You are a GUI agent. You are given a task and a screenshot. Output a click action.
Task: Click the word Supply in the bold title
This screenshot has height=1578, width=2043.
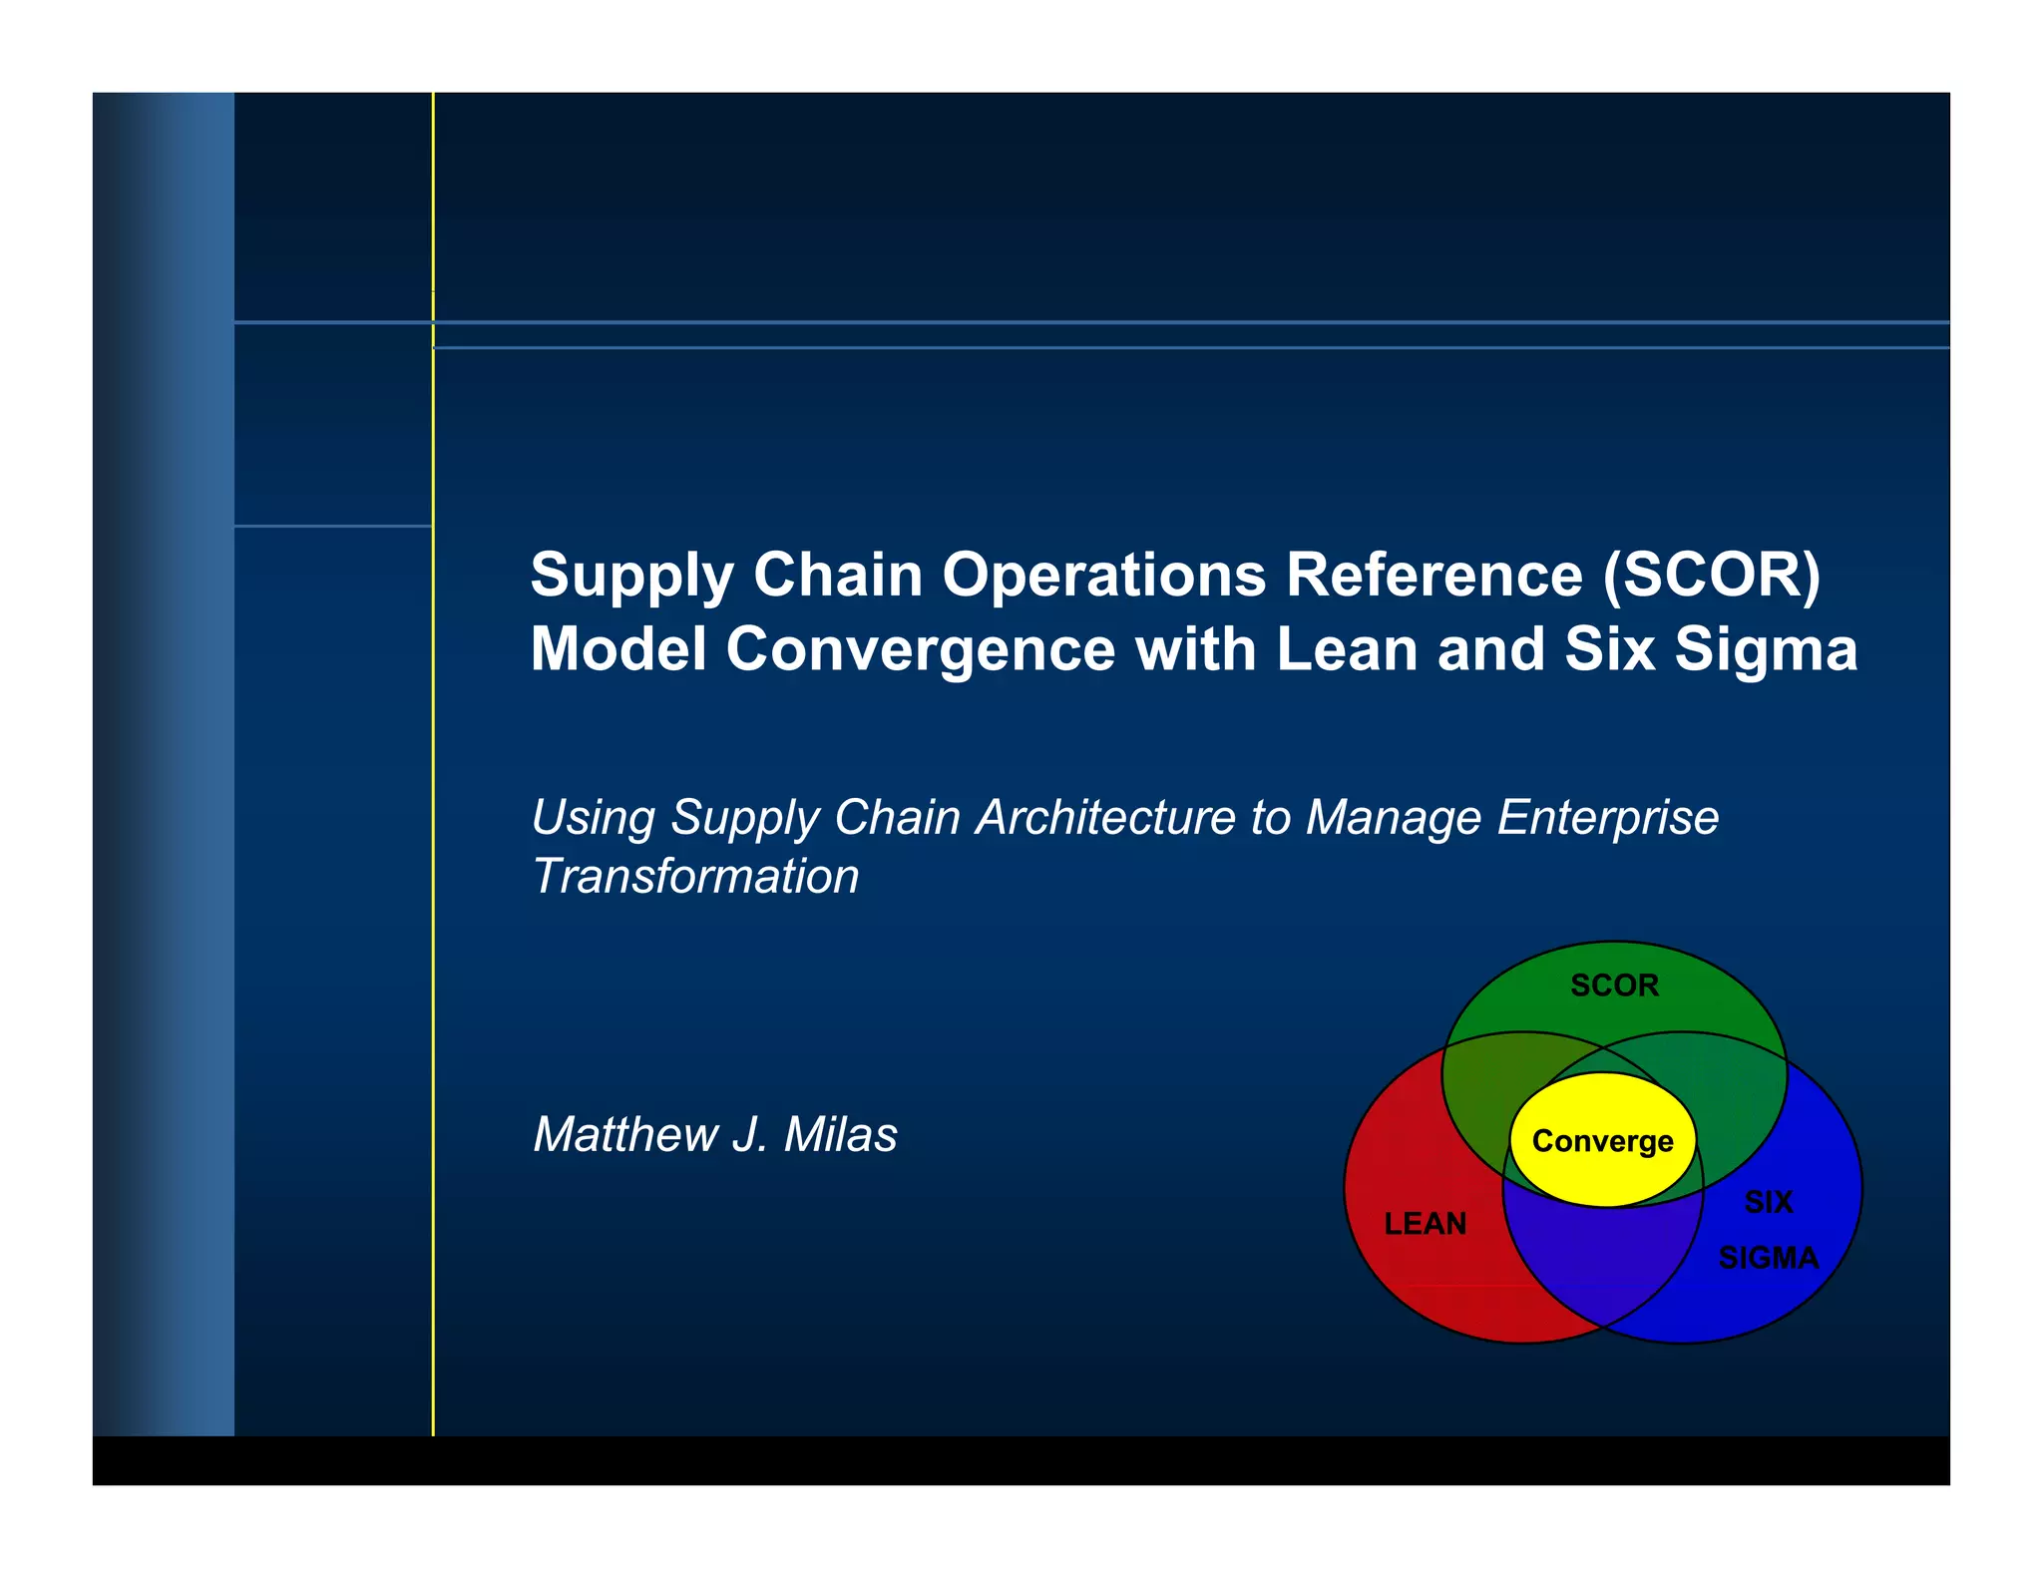(630, 578)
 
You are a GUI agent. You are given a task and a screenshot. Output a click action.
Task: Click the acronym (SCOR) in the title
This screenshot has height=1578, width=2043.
(1712, 576)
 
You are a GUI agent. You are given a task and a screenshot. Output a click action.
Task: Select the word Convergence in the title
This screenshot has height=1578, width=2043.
(920, 649)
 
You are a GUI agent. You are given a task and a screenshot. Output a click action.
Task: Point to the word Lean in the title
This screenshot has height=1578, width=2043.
(1348, 649)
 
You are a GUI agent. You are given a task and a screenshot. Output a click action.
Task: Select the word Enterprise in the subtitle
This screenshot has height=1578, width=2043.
(1607, 818)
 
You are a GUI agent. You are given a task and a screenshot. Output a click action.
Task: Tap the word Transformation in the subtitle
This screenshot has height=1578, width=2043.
(695, 877)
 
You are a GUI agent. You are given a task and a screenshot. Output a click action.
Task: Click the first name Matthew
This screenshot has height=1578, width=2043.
(625, 1135)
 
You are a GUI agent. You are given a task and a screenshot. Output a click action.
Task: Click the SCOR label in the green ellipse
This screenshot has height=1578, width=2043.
(1614, 986)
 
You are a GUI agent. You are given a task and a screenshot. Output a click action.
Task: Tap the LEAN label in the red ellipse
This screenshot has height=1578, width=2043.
(1425, 1224)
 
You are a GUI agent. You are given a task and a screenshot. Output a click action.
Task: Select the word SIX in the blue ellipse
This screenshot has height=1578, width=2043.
(1768, 1202)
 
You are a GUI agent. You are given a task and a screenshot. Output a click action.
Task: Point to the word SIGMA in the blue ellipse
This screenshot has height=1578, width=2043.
(1768, 1258)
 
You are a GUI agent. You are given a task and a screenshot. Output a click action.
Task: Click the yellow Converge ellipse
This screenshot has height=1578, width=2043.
(1602, 1141)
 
